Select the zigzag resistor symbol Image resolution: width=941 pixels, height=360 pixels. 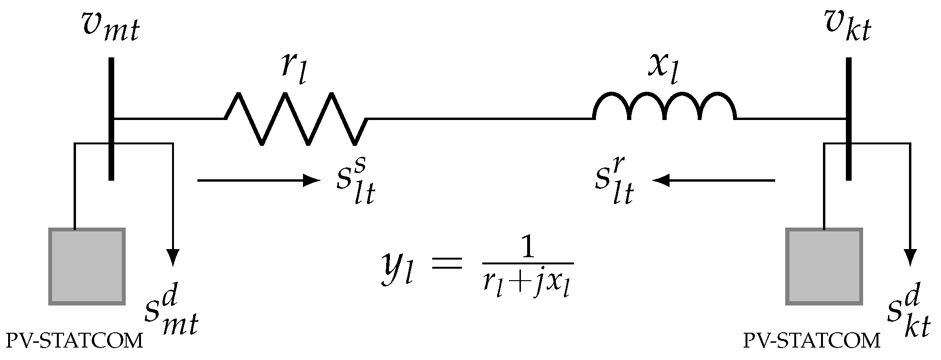click(x=296, y=119)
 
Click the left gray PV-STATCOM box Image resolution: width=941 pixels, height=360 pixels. click(x=87, y=266)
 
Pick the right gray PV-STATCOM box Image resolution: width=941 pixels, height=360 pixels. click(x=824, y=266)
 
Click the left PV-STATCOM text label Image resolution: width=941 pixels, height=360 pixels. click(x=74, y=341)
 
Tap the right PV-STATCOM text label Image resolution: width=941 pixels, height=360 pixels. click(x=811, y=341)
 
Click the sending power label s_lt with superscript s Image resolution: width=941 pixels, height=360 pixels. click(x=354, y=182)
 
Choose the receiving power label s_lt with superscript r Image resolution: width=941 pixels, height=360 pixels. click(x=614, y=182)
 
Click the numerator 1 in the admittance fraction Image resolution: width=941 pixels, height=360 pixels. click(x=527, y=250)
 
